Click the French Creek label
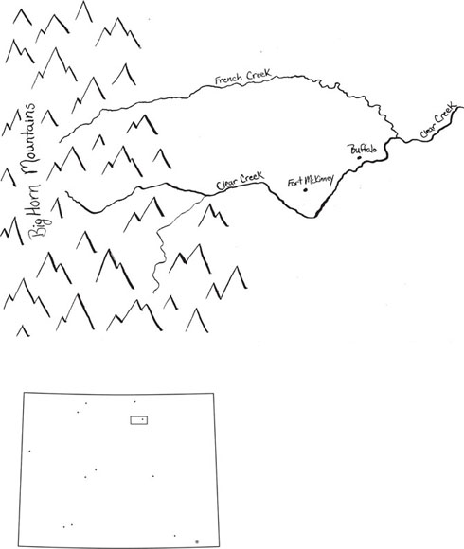242,77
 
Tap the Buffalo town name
364,150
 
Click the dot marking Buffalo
359,157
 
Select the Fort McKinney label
311,181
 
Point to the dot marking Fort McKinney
305,190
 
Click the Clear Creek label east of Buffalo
437,120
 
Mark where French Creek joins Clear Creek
397,138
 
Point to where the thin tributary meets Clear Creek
205,195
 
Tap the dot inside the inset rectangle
143,419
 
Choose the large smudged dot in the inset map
197,541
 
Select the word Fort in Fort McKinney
294,182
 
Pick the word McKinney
319,180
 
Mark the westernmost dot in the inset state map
29,451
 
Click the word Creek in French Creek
259,75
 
